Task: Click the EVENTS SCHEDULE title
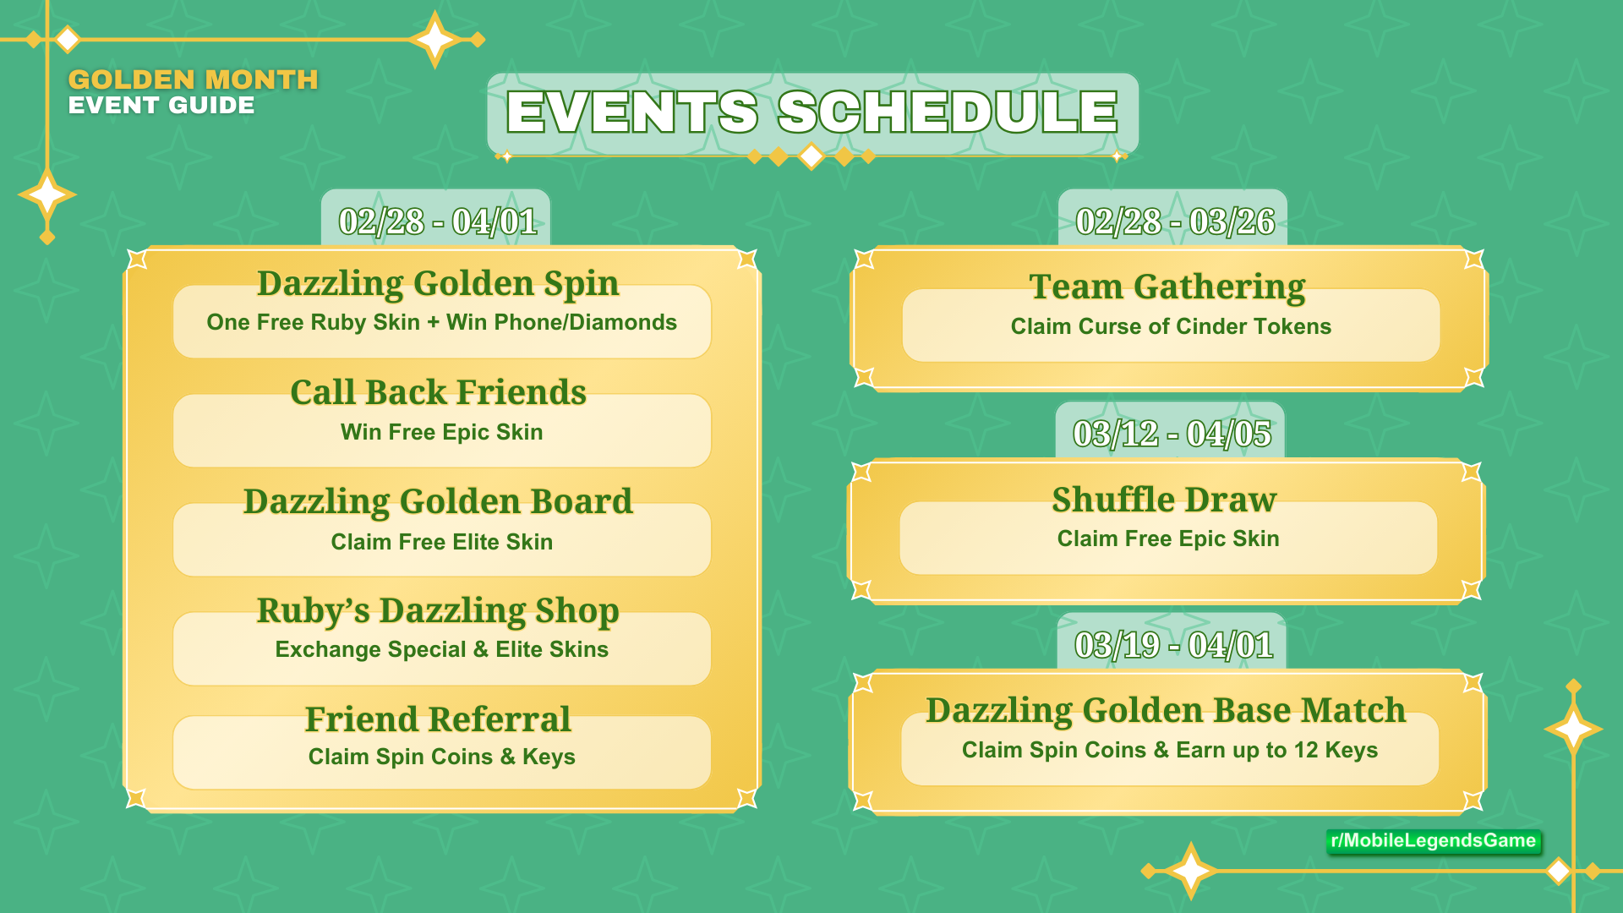811,112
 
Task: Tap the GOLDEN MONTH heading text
193,79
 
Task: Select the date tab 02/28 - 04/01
437,221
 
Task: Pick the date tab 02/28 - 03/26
1174,221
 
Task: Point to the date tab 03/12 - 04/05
1172,434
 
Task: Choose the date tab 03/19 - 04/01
1173,645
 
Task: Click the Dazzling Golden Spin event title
438,283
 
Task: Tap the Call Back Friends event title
438,392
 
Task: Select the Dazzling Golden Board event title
438,501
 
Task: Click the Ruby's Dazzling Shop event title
438,610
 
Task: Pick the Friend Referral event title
438,719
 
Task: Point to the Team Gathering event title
1167,287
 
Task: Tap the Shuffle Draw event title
1164,500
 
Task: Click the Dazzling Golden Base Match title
1166,710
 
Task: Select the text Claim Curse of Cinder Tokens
1171,326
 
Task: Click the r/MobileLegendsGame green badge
1433,840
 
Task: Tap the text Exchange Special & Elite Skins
441,649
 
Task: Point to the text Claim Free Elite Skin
441,542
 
